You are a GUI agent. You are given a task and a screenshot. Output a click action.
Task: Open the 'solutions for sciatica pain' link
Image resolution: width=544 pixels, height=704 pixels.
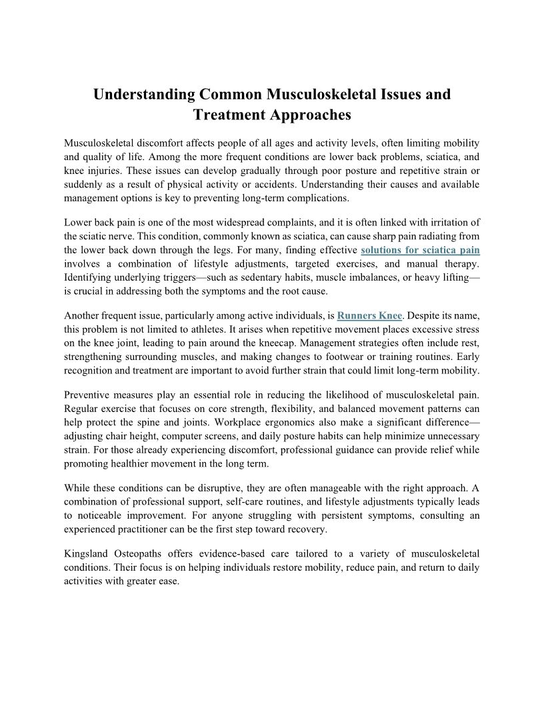(x=420, y=251)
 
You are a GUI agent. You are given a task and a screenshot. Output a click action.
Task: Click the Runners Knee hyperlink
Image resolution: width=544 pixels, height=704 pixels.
(x=369, y=315)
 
